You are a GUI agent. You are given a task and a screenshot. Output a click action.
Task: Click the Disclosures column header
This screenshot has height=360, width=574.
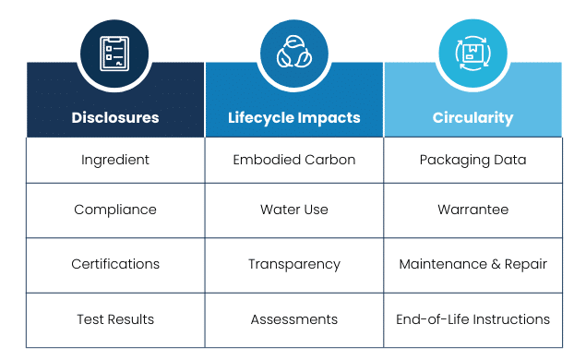click(x=115, y=118)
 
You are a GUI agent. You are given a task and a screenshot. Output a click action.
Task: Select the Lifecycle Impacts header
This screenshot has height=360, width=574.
click(x=294, y=118)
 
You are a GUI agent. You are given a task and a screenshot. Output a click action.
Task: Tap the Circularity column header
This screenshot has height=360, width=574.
click(x=472, y=118)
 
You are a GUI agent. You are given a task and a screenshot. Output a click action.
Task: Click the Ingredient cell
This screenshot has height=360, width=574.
click(x=115, y=160)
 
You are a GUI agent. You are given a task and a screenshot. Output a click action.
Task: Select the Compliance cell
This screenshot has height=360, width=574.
click(x=115, y=210)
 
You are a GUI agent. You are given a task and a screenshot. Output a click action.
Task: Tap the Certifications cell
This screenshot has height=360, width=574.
click(x=115, y=264)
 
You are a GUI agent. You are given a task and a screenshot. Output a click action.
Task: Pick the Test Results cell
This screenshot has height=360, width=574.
click(x=115, y=319)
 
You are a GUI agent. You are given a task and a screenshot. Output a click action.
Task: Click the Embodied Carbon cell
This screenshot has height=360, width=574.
click(x=294, y=160)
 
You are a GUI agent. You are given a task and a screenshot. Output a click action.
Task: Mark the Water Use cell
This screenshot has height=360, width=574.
click(x=294, y=210)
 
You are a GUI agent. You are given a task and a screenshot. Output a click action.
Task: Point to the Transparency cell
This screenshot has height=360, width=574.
click(x=294, y=264)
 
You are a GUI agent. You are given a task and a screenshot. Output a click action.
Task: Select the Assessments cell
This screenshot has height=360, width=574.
click(x=294, y=319)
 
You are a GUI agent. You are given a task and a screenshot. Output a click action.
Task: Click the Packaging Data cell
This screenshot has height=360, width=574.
click(x=472, y=160)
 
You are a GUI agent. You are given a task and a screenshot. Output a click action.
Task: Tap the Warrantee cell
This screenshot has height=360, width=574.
click(x=472, y=210)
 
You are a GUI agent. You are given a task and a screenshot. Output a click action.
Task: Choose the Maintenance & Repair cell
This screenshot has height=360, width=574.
click(x=472, y=264)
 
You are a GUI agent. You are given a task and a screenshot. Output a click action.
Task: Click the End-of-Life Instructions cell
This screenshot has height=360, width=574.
click(x=472, y=319)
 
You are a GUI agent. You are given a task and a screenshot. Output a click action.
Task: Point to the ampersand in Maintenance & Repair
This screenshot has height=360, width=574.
click(x=497, y=264)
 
